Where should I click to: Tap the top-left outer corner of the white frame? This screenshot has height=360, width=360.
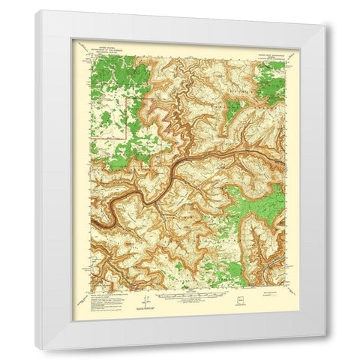[35, 10]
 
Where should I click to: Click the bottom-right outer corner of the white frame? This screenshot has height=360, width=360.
[325, 349]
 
